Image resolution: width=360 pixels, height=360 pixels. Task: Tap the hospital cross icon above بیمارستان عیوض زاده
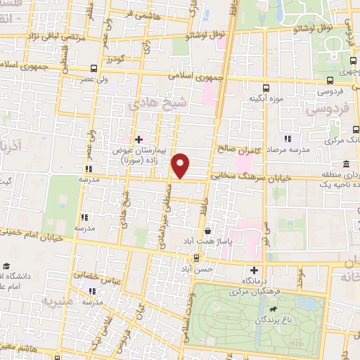(x=139, y=139)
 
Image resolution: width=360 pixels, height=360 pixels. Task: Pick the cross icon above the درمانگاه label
(x=254, y=270)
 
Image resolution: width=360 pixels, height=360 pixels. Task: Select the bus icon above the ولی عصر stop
(x=94, y=68)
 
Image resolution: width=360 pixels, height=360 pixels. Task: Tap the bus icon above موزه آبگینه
(x=266, y=89)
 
